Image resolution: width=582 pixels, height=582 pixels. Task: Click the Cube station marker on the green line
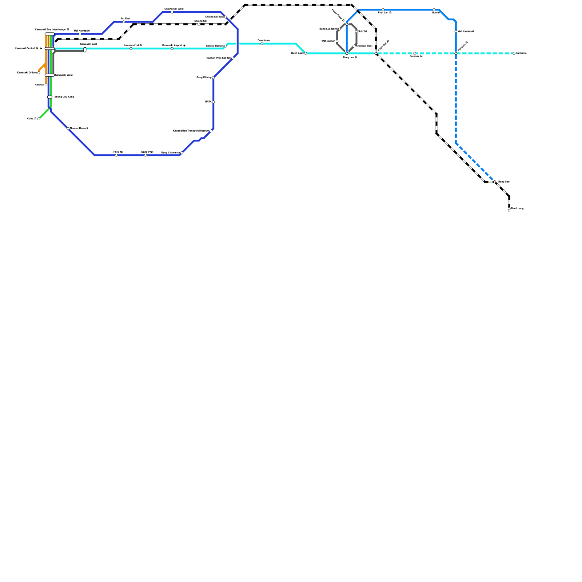tap(39, 119)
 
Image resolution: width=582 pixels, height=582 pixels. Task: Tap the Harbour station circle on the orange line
tap(46, 85)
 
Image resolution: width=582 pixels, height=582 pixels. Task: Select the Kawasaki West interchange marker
tap(49, 75)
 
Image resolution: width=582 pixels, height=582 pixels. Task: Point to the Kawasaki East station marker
tap(85, 49)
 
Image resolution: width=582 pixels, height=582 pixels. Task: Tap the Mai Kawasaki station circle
tap(80, 34)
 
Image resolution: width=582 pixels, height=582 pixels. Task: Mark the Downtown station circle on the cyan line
tap(262, 44)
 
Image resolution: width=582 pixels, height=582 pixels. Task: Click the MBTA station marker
tap(213, 102)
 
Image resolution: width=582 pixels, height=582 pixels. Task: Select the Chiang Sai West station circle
tap(172, 12)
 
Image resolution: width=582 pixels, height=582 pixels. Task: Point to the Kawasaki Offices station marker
tap(39, 73)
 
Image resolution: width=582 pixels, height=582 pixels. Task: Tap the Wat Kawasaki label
tap(465, 32)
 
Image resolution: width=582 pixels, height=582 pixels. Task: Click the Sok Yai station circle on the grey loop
tap(356, 32)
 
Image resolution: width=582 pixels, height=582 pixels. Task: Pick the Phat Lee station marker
tap(383, 10)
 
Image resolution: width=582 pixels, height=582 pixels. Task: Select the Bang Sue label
tap(504, 182)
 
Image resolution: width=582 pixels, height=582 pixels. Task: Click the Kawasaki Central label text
tap(26, 48)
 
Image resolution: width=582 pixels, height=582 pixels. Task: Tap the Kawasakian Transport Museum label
tap(191, 131)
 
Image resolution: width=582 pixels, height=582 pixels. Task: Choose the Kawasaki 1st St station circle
tap(131, 48)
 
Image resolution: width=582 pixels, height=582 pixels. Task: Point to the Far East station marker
tap(124, 22)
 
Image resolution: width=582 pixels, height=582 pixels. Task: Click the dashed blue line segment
tap(456, 98)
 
